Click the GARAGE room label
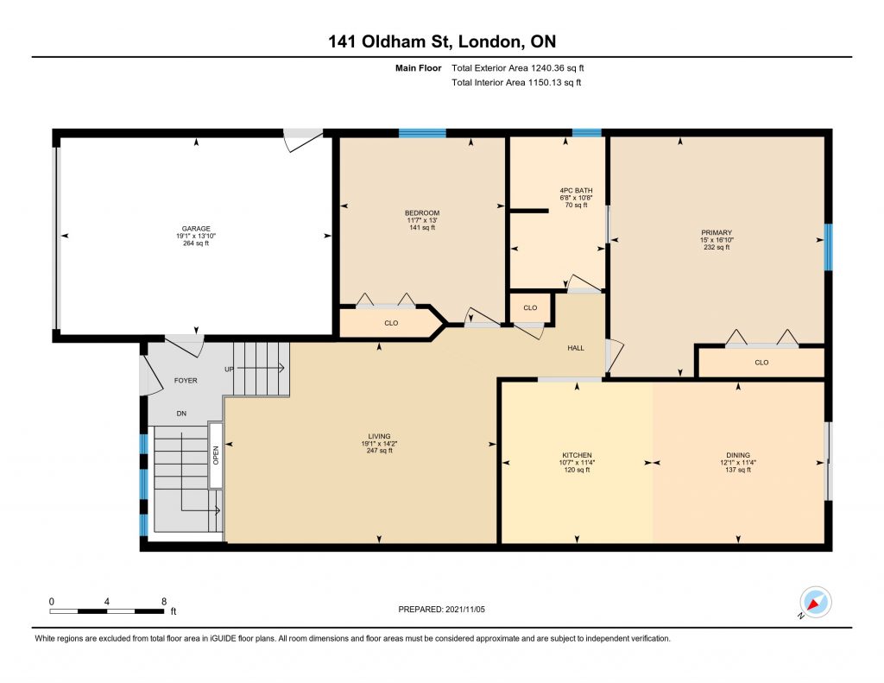[x=196, y=229]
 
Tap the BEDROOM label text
[x=421, y=213]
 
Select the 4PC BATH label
[x=576, y=191]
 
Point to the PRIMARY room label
[x=716, y=232]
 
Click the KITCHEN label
[x=577, y=455]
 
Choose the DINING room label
[x=738, y=455]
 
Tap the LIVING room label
[x=379, y=436]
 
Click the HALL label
[x=576, y=348]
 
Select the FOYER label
[x=186, y=381]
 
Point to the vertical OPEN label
[x=215, y=456]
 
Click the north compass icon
[x=815, y=603]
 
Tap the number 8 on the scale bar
[x=164, y=601]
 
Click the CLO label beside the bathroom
[x=530, y=308]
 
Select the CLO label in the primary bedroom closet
[x=761, y=363]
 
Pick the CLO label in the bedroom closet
[x=391, y=323]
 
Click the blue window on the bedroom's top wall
[x=422, y=133]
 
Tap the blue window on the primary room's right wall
[x=828, y=247]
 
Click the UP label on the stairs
[x=229, y=370]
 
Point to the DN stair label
[x=181, y=414]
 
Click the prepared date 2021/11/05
[x=465, y=609]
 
